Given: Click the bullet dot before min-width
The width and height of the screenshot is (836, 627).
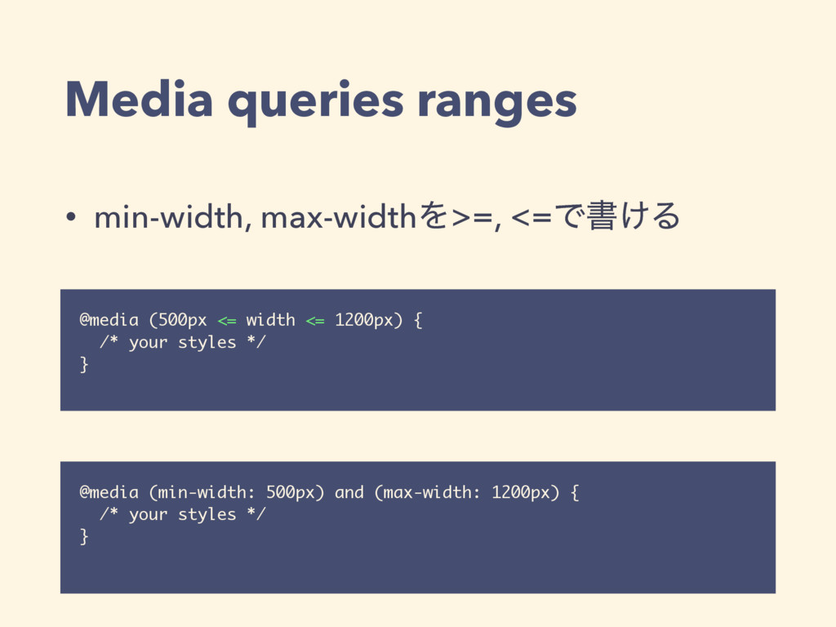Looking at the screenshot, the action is [x=73, y=218].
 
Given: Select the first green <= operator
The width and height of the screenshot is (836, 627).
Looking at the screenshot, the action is [x=227, y=320].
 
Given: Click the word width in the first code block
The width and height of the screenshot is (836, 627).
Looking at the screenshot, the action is [x=270, y=320].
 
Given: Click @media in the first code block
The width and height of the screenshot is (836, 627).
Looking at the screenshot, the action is [x=104, y=320].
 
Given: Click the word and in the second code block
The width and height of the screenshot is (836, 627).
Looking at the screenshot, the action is [x=349, y=493].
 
